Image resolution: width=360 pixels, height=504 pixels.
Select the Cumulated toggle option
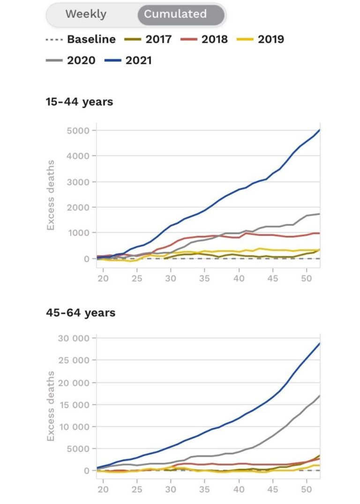coord(175,14)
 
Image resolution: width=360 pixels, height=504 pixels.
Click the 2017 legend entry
coord(148,39)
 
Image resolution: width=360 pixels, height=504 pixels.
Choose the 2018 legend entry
coord(204,39)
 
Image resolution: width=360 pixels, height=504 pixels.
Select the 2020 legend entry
coord(70,60)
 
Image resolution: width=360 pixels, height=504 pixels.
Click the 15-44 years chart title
coord(79,102)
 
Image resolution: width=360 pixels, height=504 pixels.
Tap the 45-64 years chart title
coord(80,313)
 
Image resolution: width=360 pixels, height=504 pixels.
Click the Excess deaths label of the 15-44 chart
coord(51,195)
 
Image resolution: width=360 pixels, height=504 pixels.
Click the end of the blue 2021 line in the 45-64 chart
coord(320,343)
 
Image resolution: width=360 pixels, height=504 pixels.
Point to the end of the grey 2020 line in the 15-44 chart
coord(320,214)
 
